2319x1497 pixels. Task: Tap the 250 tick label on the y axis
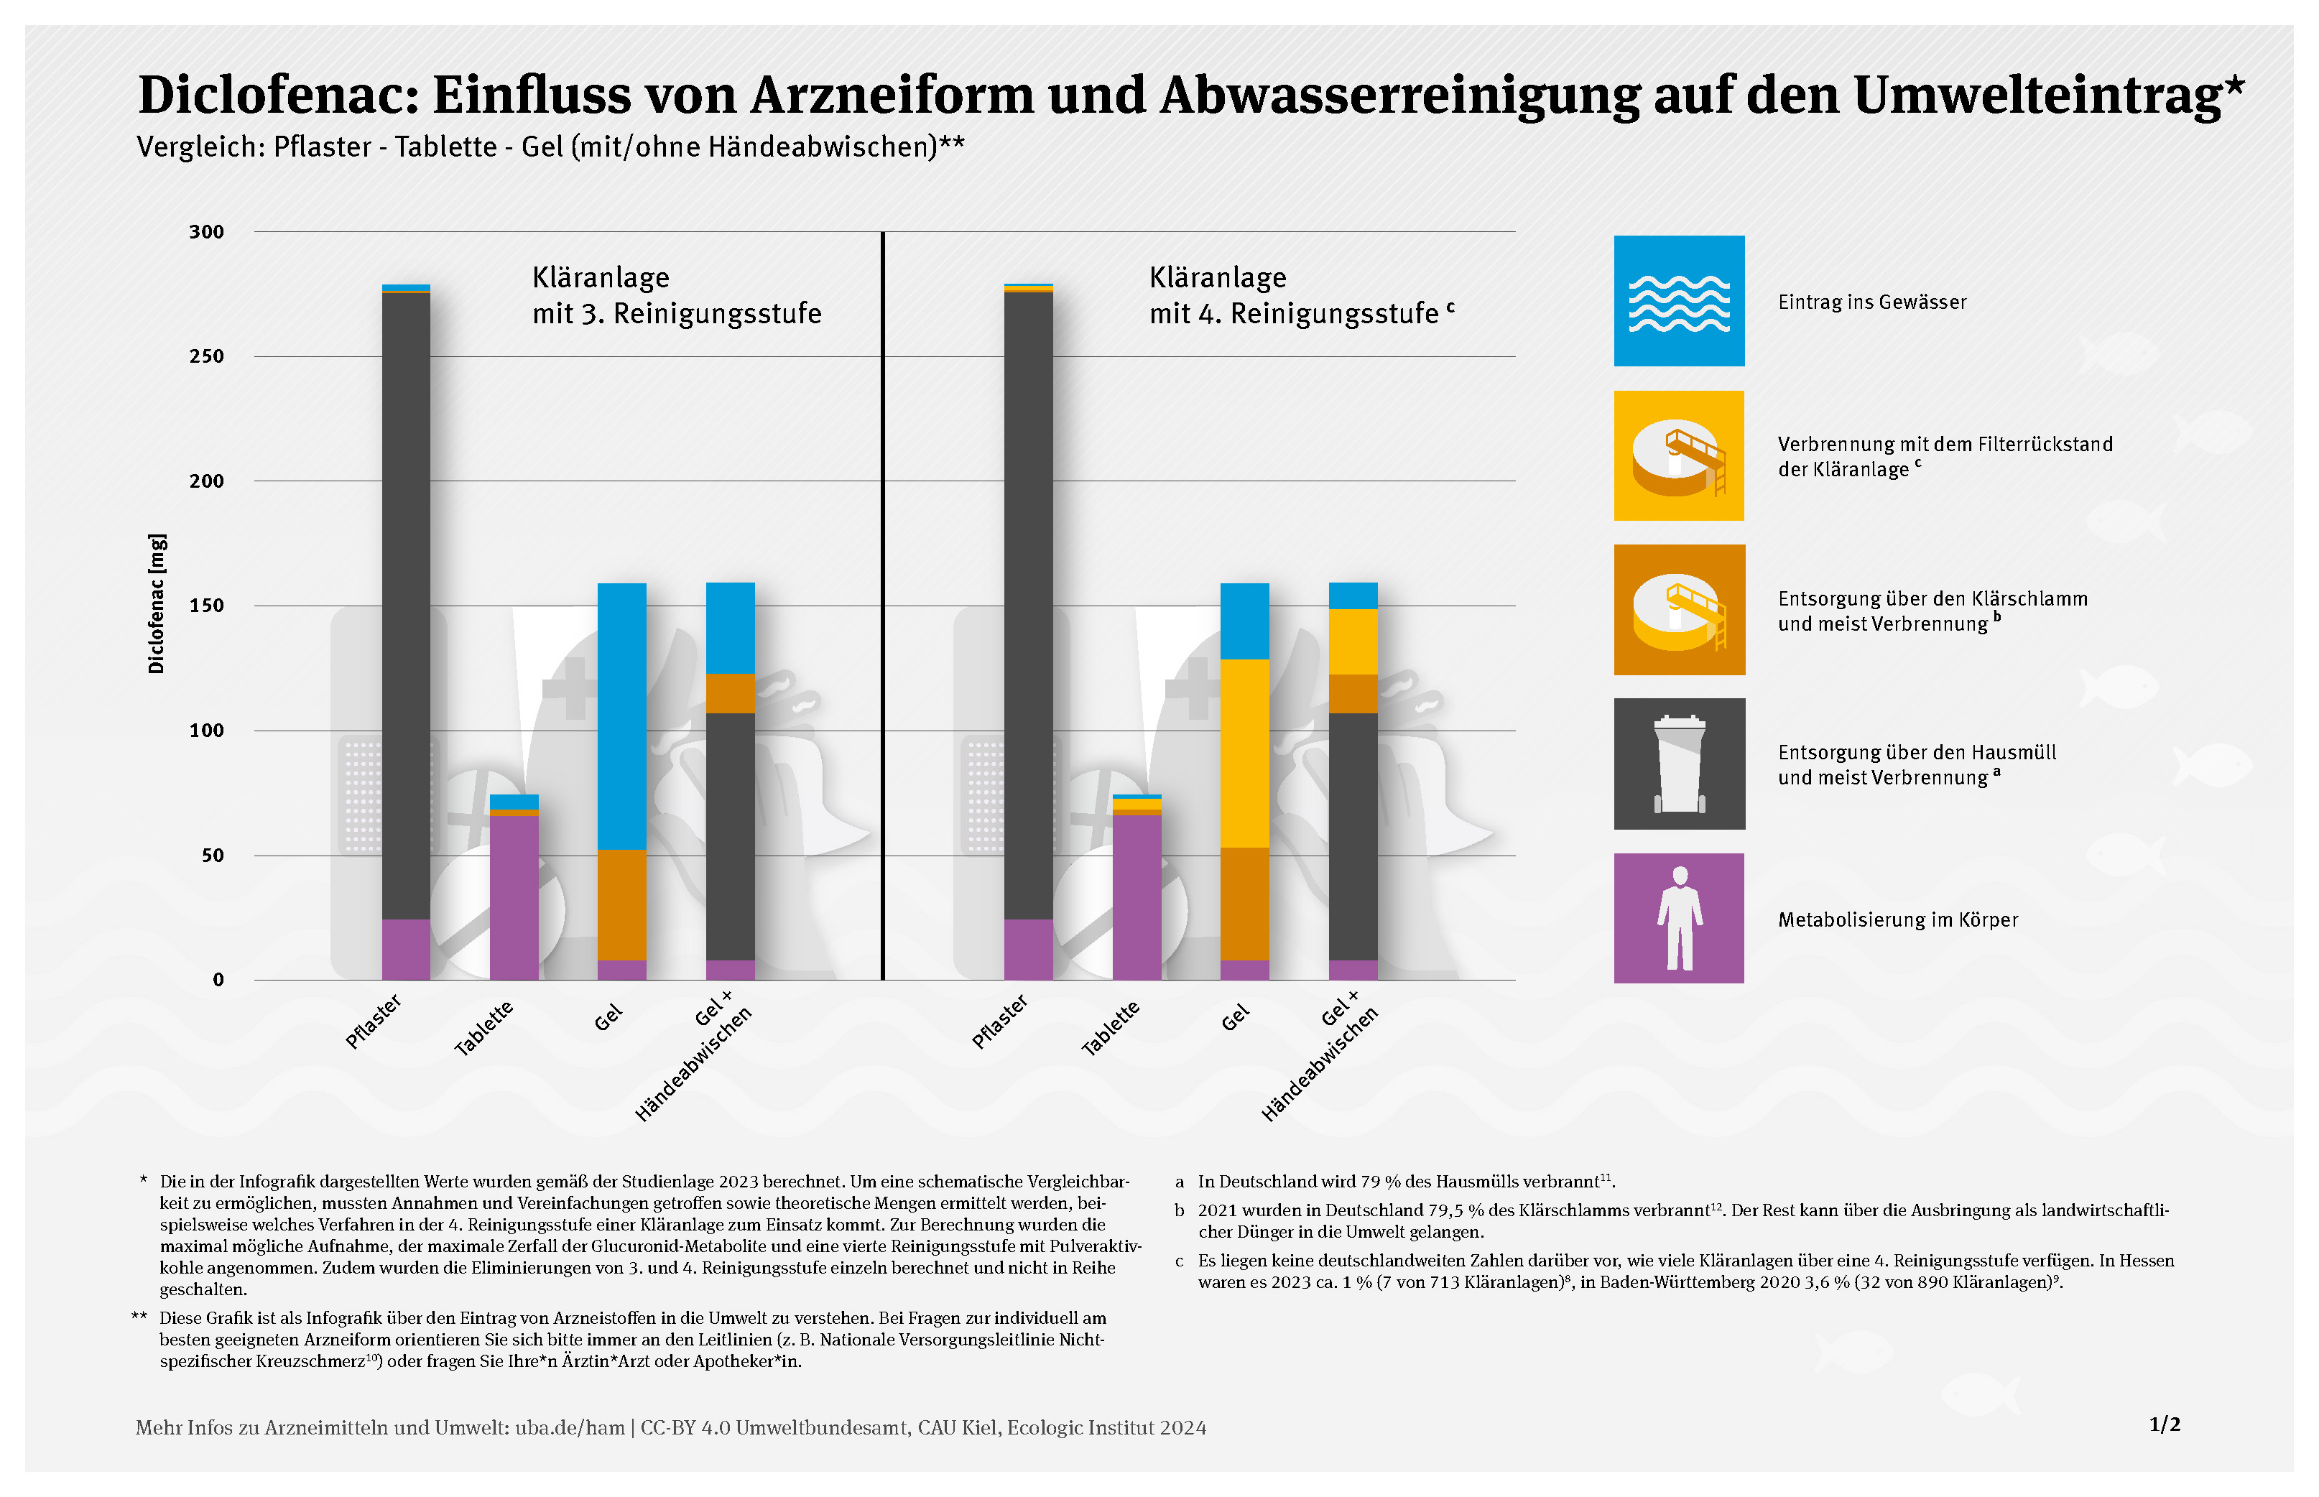[x=206, y=357]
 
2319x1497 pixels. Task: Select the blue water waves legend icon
[x=1678, y=302]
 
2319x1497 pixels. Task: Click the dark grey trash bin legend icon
[x=1678, y=764]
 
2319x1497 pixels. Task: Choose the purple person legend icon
[x=1678, y=919]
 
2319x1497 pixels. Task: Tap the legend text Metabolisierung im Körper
[x=1897, y=919]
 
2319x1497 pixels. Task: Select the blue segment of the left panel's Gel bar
[x=621, y=716]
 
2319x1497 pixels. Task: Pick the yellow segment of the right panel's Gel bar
[x=1244, y=754]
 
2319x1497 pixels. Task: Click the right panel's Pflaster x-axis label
[x=999, y=1021]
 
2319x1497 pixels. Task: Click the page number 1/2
[x=2165, y=1424]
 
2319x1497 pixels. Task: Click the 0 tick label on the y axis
[x=218, y=980]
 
